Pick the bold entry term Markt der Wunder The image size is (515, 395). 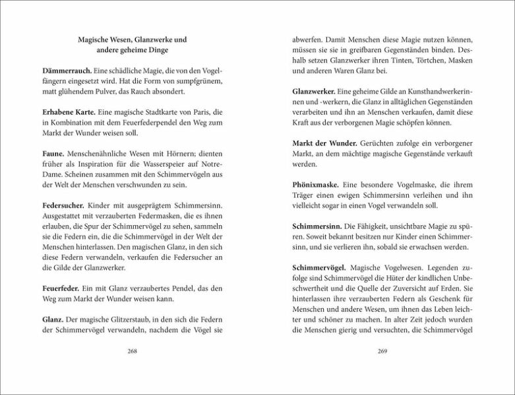[324, 144]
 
